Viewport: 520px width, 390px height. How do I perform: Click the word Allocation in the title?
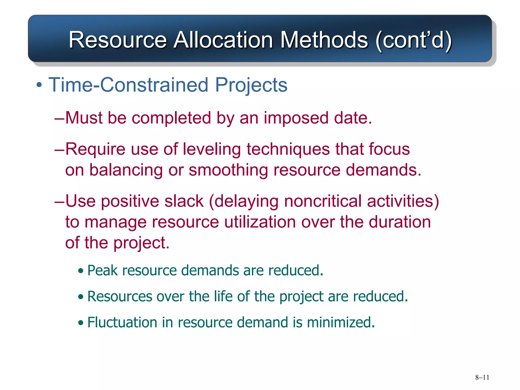point(223,40)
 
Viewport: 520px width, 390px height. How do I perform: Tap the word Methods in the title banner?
point(324,40)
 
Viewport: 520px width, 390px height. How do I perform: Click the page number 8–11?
point(482,377)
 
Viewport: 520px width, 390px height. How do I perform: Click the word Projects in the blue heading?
point(251,85)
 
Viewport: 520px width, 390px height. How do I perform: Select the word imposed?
point(296,118)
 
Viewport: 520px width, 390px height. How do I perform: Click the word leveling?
point(212,149)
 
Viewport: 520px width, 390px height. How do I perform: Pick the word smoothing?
point(228,170)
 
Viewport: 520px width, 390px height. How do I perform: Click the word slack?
point(184,201)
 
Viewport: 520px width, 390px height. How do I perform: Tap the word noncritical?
point(322,201)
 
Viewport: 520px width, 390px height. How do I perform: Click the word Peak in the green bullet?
point(103,270)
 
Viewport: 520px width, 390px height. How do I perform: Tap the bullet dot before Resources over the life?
point(81,297)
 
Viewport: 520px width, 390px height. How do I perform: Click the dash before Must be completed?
point(59,118)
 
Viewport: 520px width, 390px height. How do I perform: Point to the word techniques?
point(288,149)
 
